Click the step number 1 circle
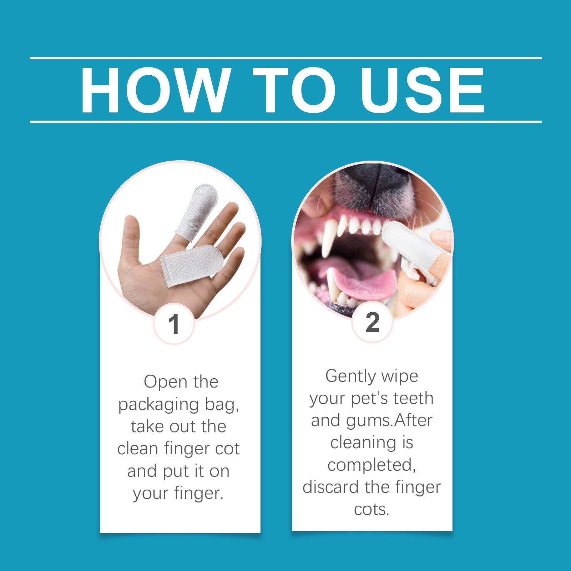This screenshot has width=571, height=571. click(x=174, y=324)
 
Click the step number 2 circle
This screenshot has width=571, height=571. click(x=372, y=322)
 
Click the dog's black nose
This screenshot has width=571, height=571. click(x=373, y=186)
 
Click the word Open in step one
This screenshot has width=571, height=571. click(x=160, y=382)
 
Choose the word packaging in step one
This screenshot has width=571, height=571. click(x=158, y=405)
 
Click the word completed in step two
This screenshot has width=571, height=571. click(x=372, y=465)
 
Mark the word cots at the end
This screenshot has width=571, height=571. click(x=371, y=509)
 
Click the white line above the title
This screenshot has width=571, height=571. click(x=285, y=58)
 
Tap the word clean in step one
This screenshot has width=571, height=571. click(x=138, y=449)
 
